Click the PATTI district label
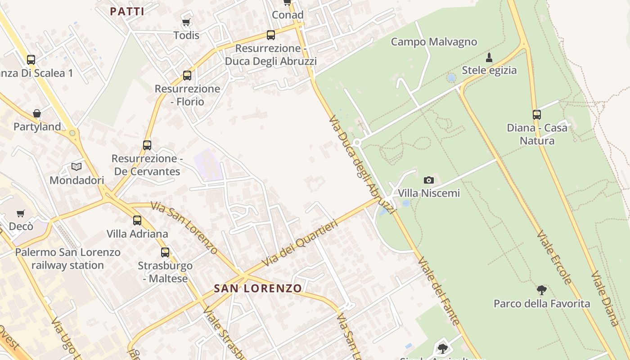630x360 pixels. [127, 12]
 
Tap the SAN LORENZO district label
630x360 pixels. [258, 288]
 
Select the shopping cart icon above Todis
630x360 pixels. [186, 22]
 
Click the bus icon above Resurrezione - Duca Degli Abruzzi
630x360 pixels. [271, 35]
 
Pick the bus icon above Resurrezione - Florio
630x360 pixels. [187, 75]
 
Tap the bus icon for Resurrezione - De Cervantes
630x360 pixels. [147, 145]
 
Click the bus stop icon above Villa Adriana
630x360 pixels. [137, 220]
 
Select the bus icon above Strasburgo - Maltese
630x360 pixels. [165, 252]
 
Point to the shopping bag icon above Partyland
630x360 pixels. [37, 113]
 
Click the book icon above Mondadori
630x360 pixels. [76, 167]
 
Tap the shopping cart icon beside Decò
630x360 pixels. [20, 213]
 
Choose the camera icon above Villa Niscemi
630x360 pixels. [429, 180]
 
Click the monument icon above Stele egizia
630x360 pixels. [489, 57]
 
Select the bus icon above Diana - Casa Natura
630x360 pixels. [537, 114]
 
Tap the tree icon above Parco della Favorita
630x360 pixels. [542, 290]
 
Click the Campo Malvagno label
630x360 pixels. [434, 42]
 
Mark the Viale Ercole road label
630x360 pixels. [553, 257]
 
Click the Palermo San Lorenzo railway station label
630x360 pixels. [68, 259]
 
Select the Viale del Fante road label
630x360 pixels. [439, 291]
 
